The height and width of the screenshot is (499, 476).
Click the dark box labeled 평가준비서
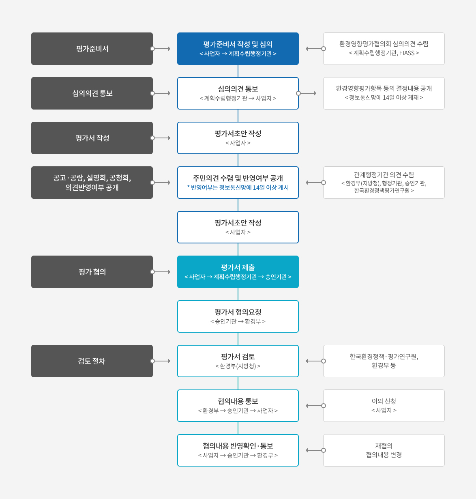(x=92, y=48)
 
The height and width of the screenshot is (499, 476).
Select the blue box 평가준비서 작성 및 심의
(x=238, y=48)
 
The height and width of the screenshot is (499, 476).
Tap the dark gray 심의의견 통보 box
(x=92, y=93)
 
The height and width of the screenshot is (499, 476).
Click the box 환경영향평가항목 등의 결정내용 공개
(x=384, y=93)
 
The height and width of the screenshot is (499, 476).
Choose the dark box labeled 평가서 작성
(x=92, y=138)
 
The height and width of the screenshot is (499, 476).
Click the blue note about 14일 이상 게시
(x=238, y=187)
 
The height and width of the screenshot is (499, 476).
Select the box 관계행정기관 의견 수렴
(x=384, y=183)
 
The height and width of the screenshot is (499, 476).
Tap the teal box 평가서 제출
(x=238, y=272)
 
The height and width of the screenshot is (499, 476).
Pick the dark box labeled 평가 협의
(x=92, y=272)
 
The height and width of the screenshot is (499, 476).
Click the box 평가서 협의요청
(x=238, y=316)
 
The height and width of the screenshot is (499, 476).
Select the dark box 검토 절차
(x=92, y=361)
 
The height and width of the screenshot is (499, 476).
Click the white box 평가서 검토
(x=238, y=361)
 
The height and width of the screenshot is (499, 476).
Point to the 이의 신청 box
(x=384, y=406)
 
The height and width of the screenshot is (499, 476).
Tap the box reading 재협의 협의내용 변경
(x=384, y=450)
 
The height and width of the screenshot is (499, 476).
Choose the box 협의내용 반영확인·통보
(x=238, y=450)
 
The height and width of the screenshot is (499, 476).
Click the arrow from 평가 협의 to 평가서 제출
(x=161, y=272)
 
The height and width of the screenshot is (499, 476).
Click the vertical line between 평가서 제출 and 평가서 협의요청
(x=238, y=294)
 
